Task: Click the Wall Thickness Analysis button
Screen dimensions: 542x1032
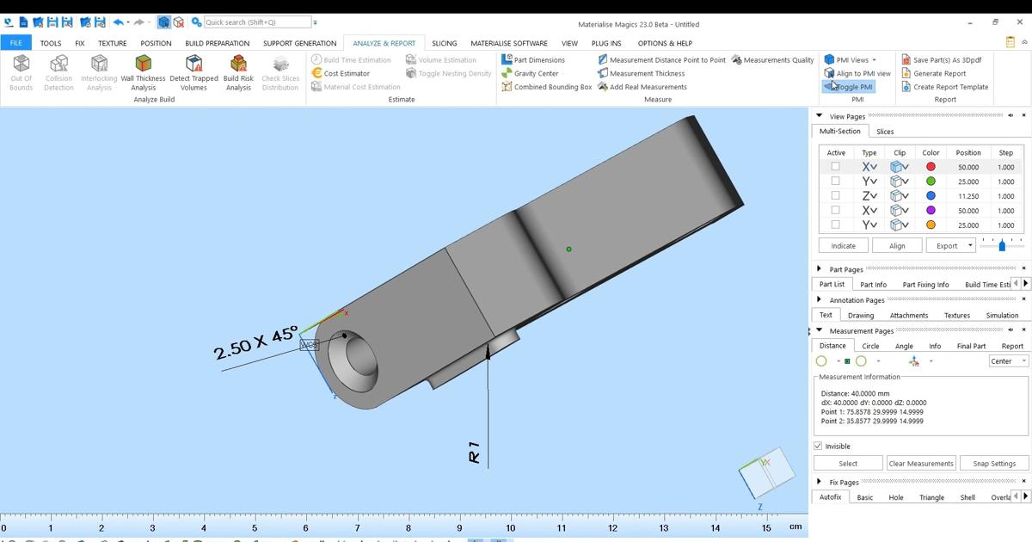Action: click(143, 72)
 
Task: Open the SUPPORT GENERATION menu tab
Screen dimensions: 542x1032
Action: click(299, 43)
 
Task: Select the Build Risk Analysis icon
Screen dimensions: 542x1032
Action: click(238, 72)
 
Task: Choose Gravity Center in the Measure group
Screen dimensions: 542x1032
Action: click(536, 73)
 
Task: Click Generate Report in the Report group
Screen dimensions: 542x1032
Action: click(939, 73)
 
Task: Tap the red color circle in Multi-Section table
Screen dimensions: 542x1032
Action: click(931, 167)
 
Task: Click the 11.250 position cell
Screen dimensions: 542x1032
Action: click(967, 196)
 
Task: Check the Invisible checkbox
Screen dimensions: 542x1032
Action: click(818, 447)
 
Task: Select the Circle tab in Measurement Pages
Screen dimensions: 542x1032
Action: click(870, 346)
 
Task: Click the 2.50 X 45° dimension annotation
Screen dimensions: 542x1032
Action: click(255, 342)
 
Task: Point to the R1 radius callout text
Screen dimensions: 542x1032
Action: click(474, 453)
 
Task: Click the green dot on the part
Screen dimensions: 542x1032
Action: click(568, 249)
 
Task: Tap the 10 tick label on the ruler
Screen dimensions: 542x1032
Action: click(511, 528)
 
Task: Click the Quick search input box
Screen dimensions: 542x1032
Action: click(256, 22)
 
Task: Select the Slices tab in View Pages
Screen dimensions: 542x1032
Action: click(885, 132)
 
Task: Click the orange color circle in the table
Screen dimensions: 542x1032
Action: click(931, 225)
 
